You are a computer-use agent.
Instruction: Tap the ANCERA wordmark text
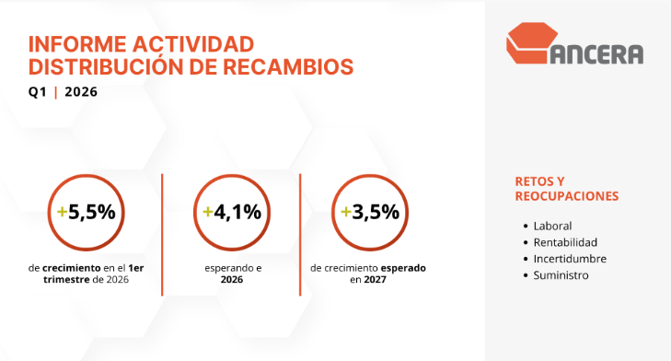599,52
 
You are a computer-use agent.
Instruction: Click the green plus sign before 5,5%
62,211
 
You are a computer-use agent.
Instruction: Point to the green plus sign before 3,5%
345,211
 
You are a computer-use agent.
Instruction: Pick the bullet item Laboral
552,226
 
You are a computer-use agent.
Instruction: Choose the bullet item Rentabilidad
564,242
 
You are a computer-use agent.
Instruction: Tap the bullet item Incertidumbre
570,259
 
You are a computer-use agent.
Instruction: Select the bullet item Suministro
561,275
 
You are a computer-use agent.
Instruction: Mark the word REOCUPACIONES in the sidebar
566,196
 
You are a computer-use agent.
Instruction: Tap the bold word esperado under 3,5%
405,268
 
